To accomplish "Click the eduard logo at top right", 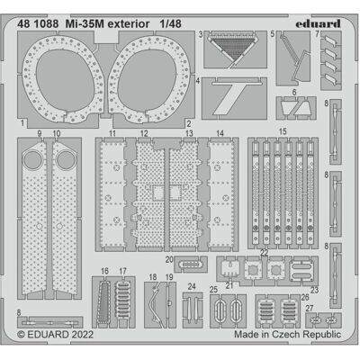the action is click(318, 23).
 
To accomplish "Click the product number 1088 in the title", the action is click(46, 24).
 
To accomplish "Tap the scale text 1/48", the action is click(170, 24).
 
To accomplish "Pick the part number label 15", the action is click(283, 131).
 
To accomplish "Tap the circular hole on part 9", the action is click(31, 159).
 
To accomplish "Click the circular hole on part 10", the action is click(67, 159).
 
